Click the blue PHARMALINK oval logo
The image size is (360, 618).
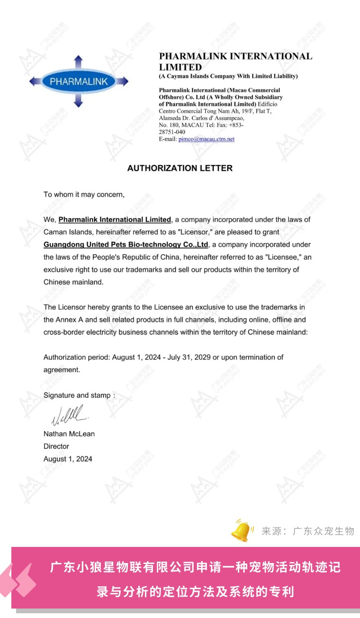click(x=79, y=82)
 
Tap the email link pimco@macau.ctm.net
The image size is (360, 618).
click(x=207, y=139)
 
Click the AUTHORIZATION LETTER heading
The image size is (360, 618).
click(x=180, y=168)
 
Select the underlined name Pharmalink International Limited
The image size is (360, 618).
click(x=115, y=220)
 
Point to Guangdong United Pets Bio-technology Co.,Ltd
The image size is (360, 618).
click(x=126, y=245)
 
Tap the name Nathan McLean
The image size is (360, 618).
click(x=69, y=434)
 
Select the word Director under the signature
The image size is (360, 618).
click(x=56, y=446)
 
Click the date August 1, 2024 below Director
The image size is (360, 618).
click(x=68, y=459)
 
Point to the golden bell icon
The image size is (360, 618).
click(x=243, y=530)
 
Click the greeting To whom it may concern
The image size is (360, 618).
click(x=84, y=195)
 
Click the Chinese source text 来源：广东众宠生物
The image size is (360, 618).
click(x=308, y=531)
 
